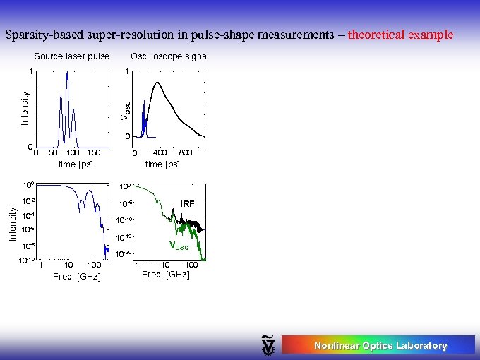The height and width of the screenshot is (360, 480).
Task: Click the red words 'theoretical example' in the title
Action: coord(400,34)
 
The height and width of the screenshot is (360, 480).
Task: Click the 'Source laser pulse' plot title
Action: coord(72,56)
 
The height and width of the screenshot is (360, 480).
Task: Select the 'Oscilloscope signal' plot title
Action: coord(169,56)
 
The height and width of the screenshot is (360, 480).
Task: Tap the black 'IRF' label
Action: coord(187,203)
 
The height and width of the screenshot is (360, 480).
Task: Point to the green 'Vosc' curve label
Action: coord(179,246)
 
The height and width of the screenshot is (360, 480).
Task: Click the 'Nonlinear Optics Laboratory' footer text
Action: coord(380,345)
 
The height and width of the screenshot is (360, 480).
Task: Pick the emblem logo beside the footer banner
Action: coord(269,344)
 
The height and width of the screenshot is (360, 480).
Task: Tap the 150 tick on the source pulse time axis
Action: coord(93,152)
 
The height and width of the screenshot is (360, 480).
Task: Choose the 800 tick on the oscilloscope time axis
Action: coord(186,152)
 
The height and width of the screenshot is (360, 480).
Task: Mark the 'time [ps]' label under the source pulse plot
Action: coord(76,164)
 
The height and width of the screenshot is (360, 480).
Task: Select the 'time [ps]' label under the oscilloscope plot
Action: coord(162,164)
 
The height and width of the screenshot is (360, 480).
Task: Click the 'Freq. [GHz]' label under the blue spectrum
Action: coord(77,276)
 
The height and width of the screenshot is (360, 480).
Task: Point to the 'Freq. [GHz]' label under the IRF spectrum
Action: coord(166,274)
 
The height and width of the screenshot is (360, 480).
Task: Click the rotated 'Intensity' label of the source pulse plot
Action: coord(25,107)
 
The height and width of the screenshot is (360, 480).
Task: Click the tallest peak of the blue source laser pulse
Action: coord(67,73)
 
